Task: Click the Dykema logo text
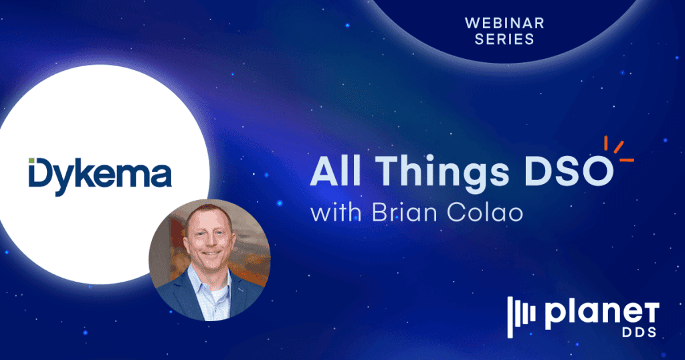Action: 100,175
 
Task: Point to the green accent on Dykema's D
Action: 33,162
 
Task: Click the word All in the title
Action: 332,174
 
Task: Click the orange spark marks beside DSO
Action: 618,149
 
